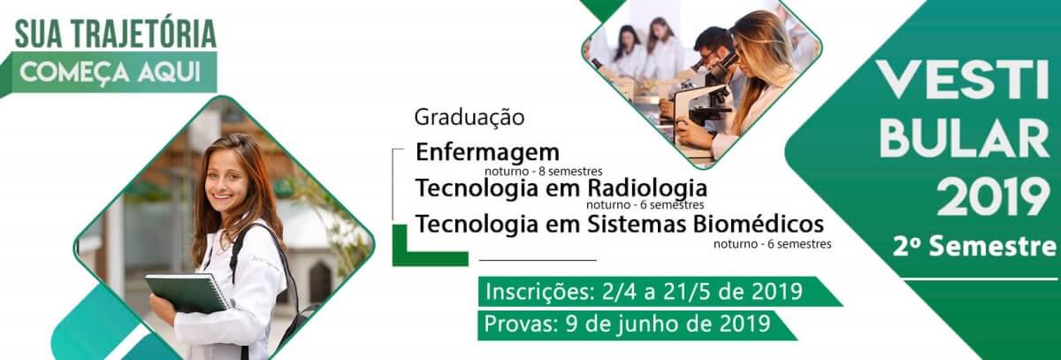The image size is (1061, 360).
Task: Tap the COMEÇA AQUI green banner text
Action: [x=110, y=73]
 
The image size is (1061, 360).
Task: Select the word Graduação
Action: [x=469, y=118]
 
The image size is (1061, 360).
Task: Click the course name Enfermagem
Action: [x=487, y=153]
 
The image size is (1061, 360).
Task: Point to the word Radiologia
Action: [x=647, y=189]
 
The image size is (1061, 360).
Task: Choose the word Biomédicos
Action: [x=759, y=224]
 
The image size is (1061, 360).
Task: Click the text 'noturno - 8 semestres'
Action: [x=543, y=171]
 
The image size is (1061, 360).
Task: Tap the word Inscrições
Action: [x=539, y=292]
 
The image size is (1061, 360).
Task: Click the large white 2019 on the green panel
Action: [x=991, y=197]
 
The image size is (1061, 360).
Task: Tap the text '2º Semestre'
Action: [x=974, y=247]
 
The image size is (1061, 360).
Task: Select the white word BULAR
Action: [x=964, y=138]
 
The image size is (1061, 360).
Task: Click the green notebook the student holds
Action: [x=188, y=293]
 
